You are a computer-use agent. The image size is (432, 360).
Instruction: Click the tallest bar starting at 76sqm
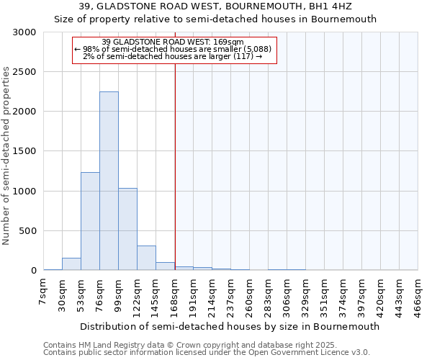click(x=109, y=181)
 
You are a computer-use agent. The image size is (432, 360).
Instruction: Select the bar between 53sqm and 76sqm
click(x=90, y=221)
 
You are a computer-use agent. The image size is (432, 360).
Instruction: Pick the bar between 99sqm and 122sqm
click(x=127, y=229)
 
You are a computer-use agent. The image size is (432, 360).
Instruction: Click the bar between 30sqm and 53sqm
click(x=71, y=264)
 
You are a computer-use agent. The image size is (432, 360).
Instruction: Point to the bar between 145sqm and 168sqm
click(x=165, y=266)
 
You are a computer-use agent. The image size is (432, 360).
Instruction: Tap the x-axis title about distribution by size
click(x=230, y=326)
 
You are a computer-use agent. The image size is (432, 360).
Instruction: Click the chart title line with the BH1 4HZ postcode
click(x=215, y=6)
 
